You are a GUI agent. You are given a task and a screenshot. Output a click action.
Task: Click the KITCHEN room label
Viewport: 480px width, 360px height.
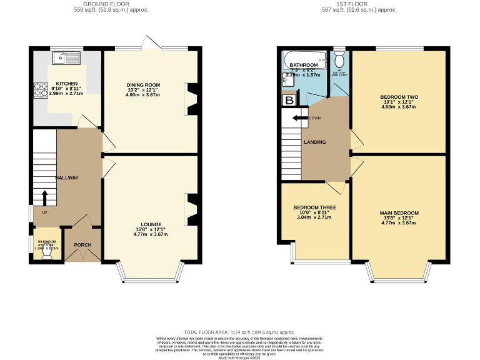[67, 83]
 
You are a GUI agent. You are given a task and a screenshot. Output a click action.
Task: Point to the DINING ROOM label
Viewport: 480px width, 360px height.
[144, 85]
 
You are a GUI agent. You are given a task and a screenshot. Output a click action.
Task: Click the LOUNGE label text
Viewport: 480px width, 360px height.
[151, 224]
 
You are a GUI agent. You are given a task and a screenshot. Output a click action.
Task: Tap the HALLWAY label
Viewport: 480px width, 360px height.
[66, 178]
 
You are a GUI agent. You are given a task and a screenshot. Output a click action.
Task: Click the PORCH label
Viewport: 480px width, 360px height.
[83, 245]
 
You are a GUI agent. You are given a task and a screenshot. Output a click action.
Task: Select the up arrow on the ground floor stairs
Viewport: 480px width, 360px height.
[44, 197]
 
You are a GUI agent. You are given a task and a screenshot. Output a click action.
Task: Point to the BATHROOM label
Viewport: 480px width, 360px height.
[304, 65]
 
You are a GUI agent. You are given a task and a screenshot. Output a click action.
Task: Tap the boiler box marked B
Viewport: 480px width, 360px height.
[289, 100]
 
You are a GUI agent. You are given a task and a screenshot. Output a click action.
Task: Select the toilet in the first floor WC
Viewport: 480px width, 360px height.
[339, 60]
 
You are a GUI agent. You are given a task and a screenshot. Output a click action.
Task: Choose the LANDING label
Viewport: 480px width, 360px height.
[314, 142]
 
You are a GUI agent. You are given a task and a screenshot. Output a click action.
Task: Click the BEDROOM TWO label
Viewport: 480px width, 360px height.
[399, 97]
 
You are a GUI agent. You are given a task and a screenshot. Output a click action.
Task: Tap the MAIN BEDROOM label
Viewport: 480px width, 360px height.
[399, 213]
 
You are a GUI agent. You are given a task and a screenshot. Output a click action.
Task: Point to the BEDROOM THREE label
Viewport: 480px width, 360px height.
[315, 207]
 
